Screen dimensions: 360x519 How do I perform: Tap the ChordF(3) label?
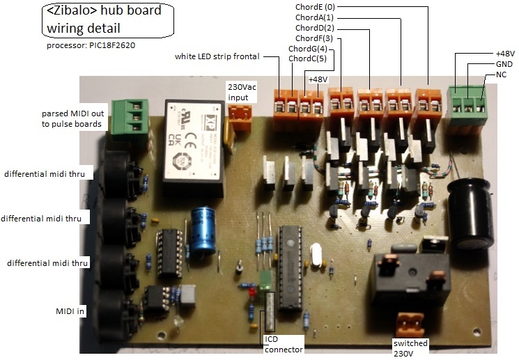point(315,38)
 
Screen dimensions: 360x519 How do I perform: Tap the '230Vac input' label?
point(242,93)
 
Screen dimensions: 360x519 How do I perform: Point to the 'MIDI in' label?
point(71,311)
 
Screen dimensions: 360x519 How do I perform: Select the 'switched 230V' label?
point(410,348)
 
